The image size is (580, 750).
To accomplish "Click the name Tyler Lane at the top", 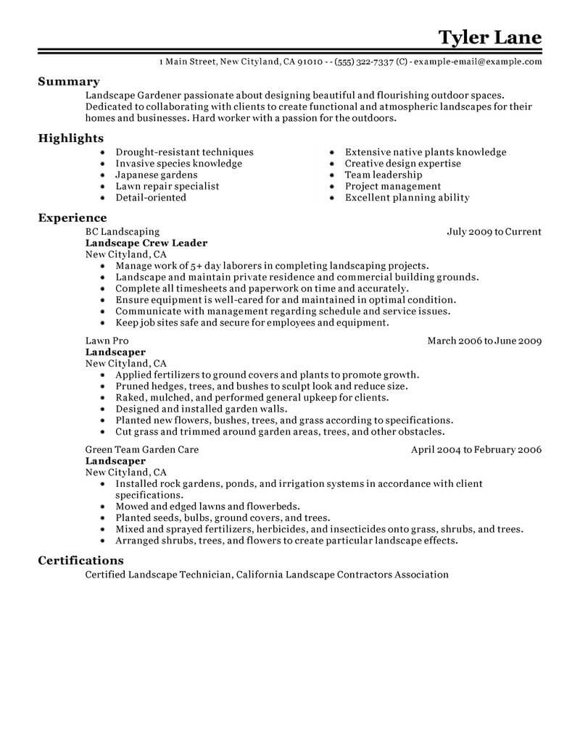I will click(x=489, y=37).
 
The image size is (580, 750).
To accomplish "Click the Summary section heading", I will click(x=69, y=82).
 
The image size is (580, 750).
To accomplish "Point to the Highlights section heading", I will click(x=71, y=138).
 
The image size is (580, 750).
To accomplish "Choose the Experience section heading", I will click(x=72, y=217).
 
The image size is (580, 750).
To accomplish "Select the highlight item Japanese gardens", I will click(x=156, y=175).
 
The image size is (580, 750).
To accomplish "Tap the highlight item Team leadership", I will click(x=384, y=175).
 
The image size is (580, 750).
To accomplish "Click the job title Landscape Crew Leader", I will click(x=146, y=243).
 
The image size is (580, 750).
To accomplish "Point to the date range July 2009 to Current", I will click(x=494, y=232).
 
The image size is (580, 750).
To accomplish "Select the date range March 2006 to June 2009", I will click(x=484, y=341).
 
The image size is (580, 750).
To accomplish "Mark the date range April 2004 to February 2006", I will click(x=476, y=449).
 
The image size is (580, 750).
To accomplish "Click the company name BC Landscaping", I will click(x=122, y=232).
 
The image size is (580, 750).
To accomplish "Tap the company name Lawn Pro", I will click(x=108, y=341).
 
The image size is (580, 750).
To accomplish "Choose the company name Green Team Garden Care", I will click(x=142, y=449).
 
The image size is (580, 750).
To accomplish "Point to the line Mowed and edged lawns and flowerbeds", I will click(x=208, y=507).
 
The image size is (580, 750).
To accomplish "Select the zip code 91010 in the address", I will click(x=310, y=62).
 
